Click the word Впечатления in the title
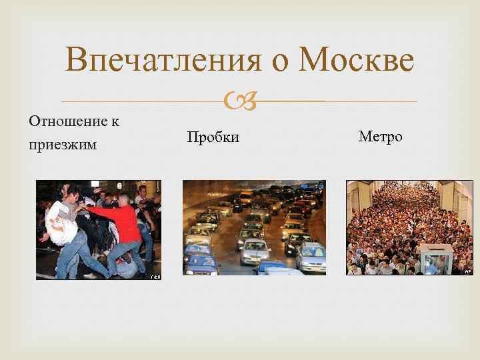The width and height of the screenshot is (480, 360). [x=161, y=62]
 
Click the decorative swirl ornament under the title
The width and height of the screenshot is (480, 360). [x=239, y=101]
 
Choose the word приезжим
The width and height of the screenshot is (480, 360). [x=63, y=145]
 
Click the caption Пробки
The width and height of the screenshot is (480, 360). [x=213, y=137]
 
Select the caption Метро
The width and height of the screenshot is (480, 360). [x=380, y=137]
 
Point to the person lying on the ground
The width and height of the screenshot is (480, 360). [x=123, y=267]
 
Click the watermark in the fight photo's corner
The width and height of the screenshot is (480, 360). [x=154, y=275]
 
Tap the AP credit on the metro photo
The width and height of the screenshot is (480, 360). [x=468, y=271]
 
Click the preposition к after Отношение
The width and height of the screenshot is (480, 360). [x=115, y=121]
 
